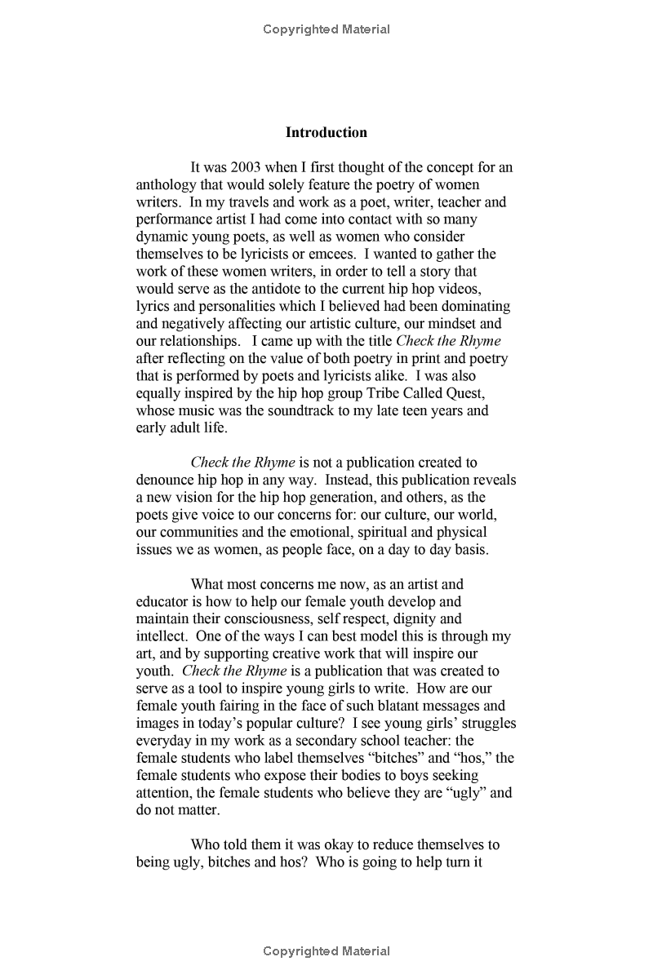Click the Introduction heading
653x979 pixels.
[326, 132]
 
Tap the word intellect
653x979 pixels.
[160, 636]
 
